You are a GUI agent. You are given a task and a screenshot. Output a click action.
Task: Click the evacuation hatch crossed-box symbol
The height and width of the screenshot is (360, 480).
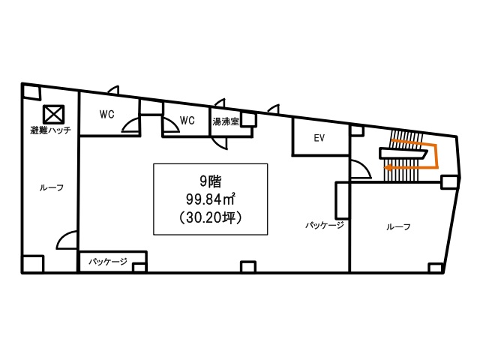(53, 115)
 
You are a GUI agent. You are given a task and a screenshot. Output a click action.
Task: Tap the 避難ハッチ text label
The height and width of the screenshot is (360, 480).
(51, 130)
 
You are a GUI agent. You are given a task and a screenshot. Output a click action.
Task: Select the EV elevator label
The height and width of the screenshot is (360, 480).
(319, 138)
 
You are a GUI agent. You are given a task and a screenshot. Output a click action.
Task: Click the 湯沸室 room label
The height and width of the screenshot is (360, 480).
(226, 121)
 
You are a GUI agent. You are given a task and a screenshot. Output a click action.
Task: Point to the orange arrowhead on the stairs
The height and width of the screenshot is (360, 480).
(388, 167)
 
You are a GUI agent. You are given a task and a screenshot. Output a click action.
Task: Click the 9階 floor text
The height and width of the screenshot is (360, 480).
(211, 181)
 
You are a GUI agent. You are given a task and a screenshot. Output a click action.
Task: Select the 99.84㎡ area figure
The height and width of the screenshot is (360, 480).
(211, 199)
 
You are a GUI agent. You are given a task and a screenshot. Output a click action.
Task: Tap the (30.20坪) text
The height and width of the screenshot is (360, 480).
(211, 217)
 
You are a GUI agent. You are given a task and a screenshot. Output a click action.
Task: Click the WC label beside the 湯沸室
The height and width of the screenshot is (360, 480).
(187, 120)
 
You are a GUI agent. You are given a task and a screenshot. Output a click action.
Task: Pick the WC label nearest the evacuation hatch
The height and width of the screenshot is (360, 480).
(106, 114)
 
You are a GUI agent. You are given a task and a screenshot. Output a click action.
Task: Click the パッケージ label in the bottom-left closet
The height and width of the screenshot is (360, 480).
(108, 262)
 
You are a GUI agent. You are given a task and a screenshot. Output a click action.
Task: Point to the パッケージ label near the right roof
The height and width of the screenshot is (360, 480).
(325, 226)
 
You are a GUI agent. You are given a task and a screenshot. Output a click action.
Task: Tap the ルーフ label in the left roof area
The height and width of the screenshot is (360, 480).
(52, 187)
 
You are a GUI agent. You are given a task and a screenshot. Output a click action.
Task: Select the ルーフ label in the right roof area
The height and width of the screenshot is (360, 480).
(398, 226)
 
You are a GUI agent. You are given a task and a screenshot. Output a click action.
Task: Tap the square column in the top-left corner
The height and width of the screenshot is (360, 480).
(31, 92)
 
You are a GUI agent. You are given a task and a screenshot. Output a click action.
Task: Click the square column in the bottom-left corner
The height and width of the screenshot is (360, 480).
(33, 263)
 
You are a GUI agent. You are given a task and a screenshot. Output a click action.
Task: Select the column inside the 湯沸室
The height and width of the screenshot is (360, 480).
(248, 120)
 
